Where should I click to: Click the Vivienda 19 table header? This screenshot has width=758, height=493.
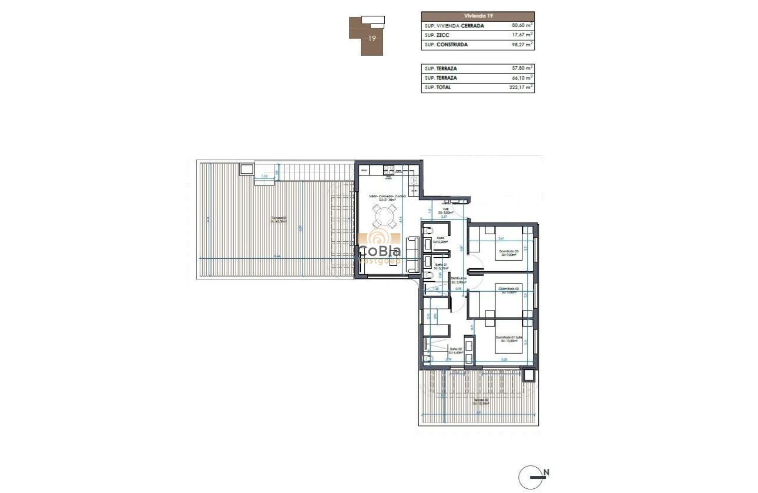(x=478, y=16)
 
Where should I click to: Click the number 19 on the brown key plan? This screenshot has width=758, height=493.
(x=372, y=38)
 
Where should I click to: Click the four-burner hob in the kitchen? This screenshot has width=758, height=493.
(x=388, y=171)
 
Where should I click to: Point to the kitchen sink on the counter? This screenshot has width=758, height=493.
(x=413, y=184)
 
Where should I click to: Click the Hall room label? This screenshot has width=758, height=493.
(x=446, y=208)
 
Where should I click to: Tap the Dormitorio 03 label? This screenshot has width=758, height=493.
(x=508, y=252)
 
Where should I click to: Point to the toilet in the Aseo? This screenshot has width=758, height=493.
(x=427, y=230)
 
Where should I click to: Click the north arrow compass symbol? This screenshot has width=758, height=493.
(x=531, y=477)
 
